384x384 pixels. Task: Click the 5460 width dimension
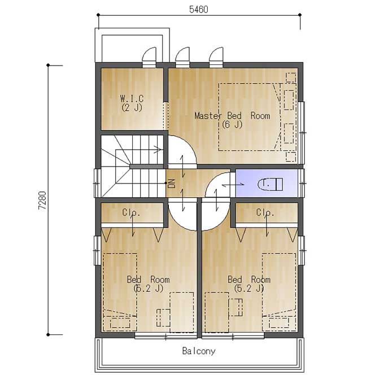(199, 9)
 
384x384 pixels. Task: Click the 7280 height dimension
(42, 200)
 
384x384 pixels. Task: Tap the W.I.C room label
(132, 98)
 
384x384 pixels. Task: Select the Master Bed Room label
(232, 116)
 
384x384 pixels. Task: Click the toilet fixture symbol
(270, 184)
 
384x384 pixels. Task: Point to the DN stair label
(172, 184)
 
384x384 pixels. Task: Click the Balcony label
(199, 351)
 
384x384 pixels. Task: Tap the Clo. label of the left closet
(131, 212)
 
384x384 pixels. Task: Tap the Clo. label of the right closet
(265, 212)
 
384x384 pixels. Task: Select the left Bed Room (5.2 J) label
(148, 284)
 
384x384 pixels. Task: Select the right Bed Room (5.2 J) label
(249, 284)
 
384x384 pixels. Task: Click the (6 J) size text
(232, 124)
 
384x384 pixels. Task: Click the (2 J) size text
(132, 107)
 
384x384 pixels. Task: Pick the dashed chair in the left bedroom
(163, 317)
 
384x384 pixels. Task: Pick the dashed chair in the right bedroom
(235, 307)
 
